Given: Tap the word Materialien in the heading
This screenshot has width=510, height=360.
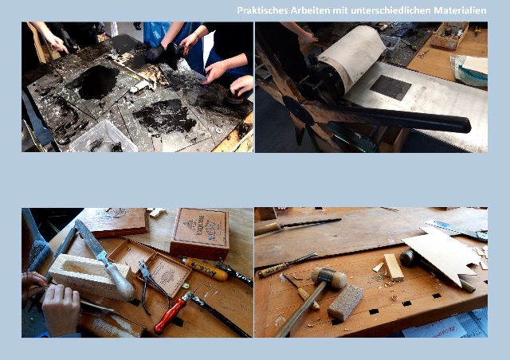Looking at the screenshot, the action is (460, 10).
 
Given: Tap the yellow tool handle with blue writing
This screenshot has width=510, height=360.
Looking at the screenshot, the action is (205, 269).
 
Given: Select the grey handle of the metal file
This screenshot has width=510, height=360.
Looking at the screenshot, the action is (120, 282).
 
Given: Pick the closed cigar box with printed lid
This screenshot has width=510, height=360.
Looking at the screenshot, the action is (200, 233).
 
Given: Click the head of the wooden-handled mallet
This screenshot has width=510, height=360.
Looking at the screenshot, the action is (329, 277).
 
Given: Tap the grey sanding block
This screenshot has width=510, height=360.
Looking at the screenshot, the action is (345, 303).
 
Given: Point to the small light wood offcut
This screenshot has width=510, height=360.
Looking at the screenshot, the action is (393, 268).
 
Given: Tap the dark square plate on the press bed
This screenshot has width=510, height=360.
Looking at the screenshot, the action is (390, 88).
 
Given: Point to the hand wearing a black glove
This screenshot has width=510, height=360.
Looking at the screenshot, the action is (155, 53).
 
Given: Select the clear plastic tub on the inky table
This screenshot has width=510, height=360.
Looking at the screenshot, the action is (104, 137).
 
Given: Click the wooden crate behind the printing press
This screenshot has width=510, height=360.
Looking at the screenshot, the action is (449, 35).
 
